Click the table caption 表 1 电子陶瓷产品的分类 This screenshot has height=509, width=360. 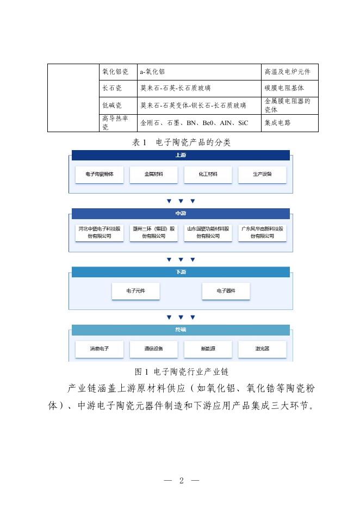[181, 142]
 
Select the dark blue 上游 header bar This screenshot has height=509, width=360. [181, 156]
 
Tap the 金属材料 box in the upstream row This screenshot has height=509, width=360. [153, 175]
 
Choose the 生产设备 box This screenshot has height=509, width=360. [262, 175]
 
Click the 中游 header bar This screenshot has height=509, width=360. [181, 214]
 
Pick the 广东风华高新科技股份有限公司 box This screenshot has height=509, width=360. [262, 233]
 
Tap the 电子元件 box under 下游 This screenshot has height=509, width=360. [135, 291]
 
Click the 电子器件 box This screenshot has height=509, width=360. [226, 291]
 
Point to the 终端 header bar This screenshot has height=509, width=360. [181, 330]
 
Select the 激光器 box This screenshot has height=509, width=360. [262, 349]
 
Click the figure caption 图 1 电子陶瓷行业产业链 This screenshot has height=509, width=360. [181, 372]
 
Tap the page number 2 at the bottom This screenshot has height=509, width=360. [181, 481]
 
